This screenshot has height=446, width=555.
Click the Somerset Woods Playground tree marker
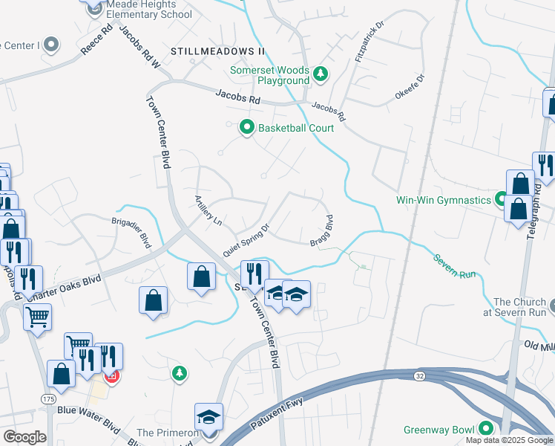[321, 73]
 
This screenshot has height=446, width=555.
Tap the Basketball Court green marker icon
[247, 128]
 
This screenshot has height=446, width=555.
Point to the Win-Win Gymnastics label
[444, 200]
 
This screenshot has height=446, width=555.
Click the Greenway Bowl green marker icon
[486, 429]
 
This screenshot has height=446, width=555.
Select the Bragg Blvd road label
[321, 231]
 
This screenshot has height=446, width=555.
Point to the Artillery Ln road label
[208, 210]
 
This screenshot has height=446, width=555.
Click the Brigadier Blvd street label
[131, 233]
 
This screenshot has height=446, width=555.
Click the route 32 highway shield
[420, 376]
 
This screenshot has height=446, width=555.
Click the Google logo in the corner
[24, 436]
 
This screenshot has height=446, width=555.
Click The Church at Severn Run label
[519, 307]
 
